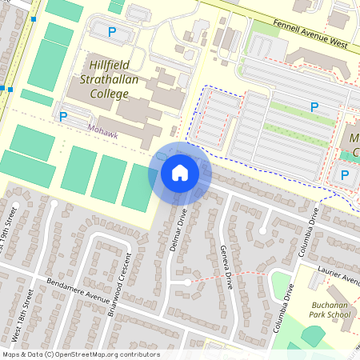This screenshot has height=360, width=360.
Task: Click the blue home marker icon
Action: coord(180,173)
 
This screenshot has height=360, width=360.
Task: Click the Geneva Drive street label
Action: coord(226,266)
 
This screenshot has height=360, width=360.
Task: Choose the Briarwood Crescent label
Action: coord(119,285)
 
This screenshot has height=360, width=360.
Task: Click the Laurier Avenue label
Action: coord(339,277)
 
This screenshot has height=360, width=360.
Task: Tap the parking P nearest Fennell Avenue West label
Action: coord(112,32)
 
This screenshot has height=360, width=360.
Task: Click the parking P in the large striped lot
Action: coord(314,106)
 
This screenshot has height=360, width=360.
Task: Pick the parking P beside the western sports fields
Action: coord(64,116)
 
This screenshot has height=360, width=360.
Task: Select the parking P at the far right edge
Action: coord(345,174)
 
